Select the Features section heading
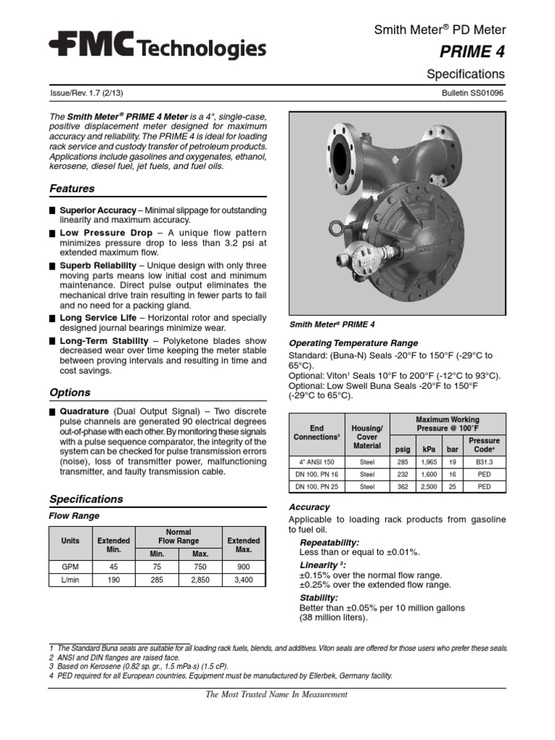click(x=72, y=189)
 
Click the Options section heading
click(x=69, y=392)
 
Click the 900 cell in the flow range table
click(x=244, y=568)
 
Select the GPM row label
click(x=71, y=568)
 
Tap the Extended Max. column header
click(x=244, y=545)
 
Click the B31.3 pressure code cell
click(x=483, y=461)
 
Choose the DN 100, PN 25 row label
click(x=317, y=487)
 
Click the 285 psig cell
click(x=403, y=461)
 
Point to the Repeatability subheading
click(x=329, y=542)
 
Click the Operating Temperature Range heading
click(x=353, y=343)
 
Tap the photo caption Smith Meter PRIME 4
click(x=332, y=324)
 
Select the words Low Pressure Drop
click(x=106, y=233)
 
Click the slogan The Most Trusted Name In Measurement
click(x=277, y=694)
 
